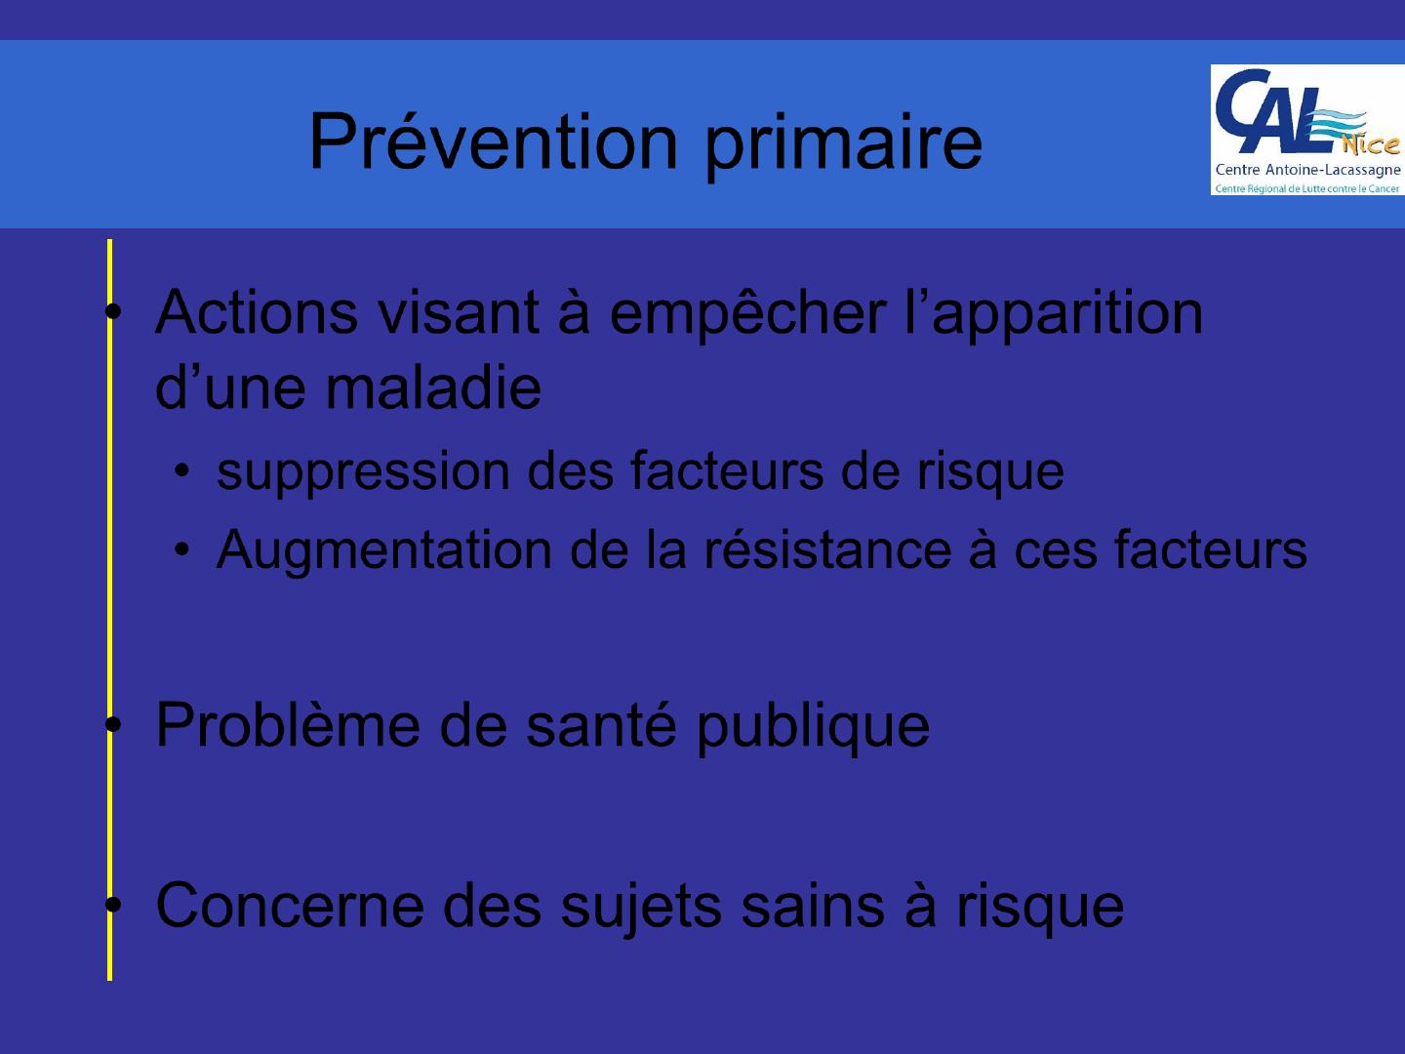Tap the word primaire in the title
844,147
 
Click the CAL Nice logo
1307,130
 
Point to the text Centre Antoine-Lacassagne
1308,170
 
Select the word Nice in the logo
1371,144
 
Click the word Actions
257,312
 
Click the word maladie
433,387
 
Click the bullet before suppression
182,470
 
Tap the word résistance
828,549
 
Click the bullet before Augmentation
182,549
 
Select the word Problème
288,724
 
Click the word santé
601,724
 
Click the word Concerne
290,906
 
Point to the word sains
813,906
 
